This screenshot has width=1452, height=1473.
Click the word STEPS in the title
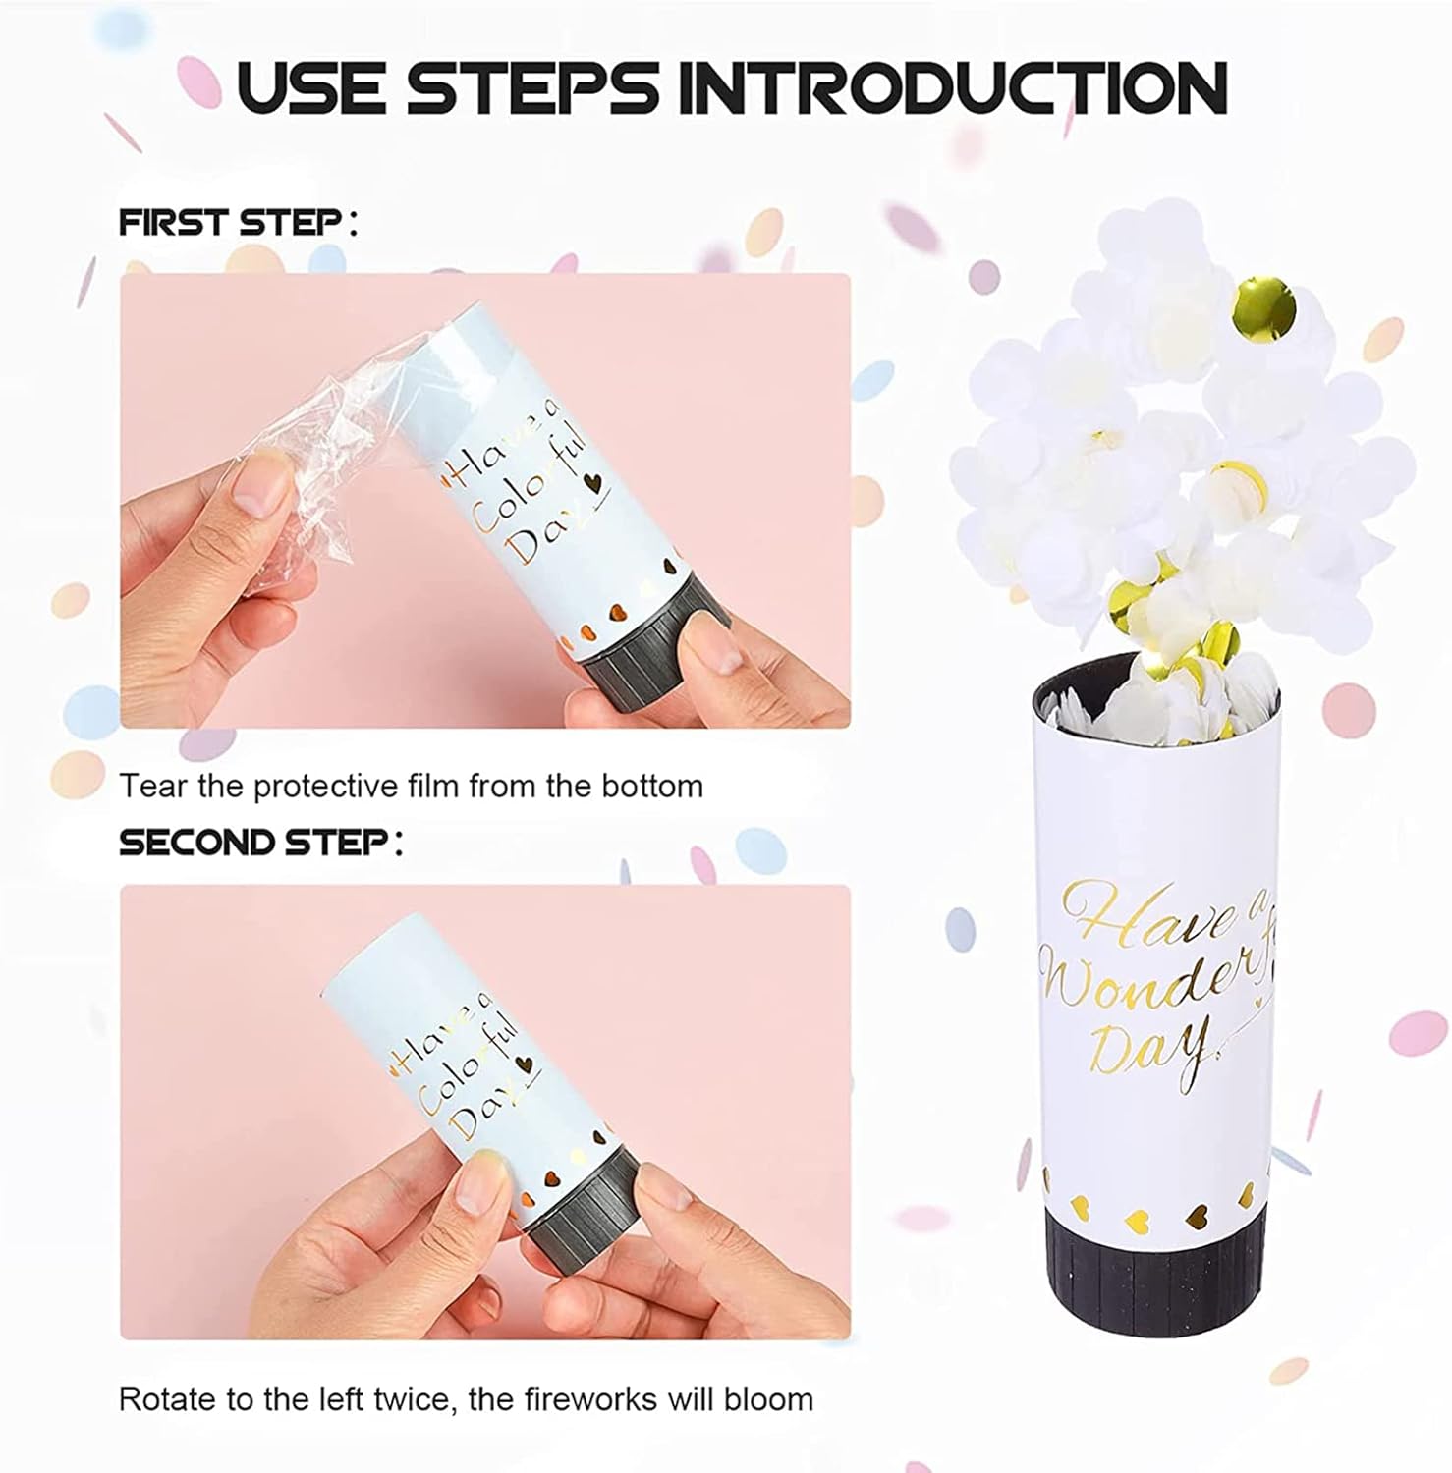pos(534,88)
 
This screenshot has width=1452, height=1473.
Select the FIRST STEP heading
pos(237,222)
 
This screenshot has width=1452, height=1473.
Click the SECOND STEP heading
pos(260,843)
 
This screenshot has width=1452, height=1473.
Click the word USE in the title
pos(312,88)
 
